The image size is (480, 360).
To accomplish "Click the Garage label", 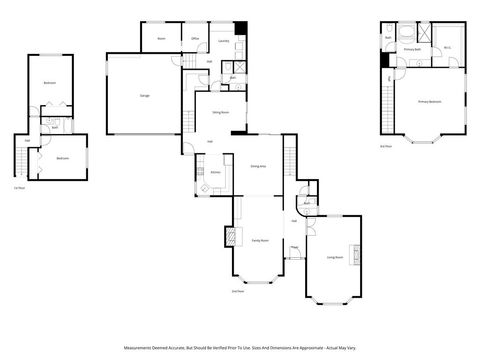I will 145,95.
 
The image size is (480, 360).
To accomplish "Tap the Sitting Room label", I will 221,113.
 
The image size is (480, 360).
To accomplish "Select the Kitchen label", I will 214,172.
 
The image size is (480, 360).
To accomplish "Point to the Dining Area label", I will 257,167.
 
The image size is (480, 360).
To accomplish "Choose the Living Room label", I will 334,257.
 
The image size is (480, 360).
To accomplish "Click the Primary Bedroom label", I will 429,102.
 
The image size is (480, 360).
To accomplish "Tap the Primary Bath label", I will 411,48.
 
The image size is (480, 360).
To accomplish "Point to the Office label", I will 196,39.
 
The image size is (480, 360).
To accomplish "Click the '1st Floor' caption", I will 18,187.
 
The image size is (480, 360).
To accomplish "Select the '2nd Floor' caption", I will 236,291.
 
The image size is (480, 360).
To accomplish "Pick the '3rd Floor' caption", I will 386,146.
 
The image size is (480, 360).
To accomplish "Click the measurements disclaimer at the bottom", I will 240,348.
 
